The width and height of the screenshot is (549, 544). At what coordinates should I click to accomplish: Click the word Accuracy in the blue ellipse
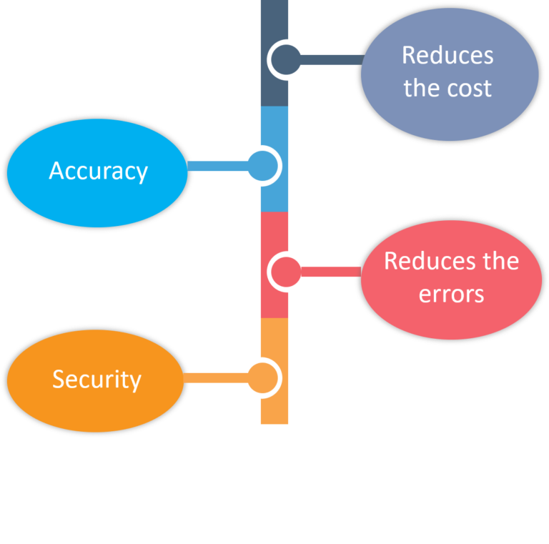coord(98,172)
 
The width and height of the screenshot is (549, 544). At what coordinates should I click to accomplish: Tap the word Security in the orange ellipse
coord(97,380)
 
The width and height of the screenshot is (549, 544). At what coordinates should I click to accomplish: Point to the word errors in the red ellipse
coord(451,294)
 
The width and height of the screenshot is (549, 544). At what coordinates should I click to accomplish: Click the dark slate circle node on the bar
coord(285,60)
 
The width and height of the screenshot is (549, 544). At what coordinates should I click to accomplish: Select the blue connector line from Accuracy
coord(218,167)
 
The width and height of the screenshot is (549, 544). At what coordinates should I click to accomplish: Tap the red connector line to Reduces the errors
coord(329,272)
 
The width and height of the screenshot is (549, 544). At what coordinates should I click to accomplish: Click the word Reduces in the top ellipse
coord(447,56)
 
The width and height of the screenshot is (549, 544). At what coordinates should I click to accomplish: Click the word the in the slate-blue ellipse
coord(419,89)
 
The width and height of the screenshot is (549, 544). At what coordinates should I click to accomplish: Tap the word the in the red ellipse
coord(500,261)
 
